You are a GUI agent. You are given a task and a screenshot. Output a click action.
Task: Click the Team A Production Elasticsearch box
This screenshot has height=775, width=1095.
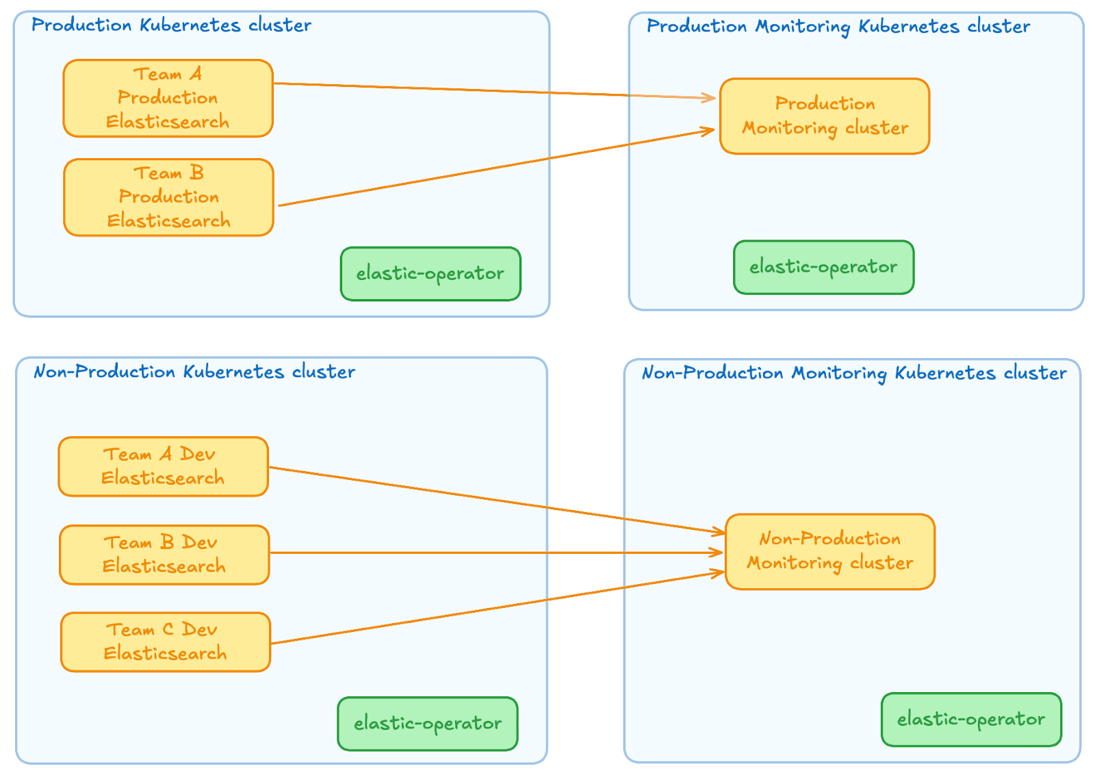coord(168,98)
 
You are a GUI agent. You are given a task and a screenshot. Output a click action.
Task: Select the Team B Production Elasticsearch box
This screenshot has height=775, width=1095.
coord(168,197)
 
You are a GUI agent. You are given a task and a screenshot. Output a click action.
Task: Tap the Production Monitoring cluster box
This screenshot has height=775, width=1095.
coord(825,116)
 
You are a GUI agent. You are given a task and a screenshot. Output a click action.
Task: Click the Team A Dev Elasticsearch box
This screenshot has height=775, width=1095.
coord(163,466)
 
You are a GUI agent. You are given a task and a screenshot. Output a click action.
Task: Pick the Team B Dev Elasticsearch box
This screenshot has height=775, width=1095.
coord(164,555)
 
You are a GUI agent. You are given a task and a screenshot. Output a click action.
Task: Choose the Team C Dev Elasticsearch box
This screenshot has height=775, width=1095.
coord(166,641)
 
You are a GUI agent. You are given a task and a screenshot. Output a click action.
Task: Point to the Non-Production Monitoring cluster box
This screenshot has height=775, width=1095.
coord(829,551)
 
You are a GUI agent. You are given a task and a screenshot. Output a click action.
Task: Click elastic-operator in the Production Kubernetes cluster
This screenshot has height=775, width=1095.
coord(430,274)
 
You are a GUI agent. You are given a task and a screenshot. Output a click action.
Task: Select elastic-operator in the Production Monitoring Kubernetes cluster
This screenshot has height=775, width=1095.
coord(823,267)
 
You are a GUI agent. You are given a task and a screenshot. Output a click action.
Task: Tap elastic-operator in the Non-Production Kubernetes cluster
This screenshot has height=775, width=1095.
coord(428,724)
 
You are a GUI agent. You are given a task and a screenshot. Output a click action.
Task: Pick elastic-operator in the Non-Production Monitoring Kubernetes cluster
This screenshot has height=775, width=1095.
coord(971,719)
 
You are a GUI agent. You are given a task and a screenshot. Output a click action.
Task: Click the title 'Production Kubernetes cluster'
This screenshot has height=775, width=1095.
coord(171,25)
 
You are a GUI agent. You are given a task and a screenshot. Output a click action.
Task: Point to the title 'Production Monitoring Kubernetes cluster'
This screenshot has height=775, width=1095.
coord(838,27)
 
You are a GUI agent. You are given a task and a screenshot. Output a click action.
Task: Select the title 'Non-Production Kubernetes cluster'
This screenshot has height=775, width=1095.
coord(194,372)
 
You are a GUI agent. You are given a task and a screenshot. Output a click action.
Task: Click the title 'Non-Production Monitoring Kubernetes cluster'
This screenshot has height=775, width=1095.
coord(854,373)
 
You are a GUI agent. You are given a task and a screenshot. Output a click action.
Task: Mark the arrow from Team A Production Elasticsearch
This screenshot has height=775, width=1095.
coord(493,90)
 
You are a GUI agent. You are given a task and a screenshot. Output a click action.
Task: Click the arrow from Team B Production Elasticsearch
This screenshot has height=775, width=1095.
coord(496,168)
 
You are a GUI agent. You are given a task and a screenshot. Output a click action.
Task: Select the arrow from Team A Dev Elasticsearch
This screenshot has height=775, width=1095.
coord(496,500)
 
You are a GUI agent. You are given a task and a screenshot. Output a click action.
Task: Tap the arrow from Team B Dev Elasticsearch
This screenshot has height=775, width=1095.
coord(496,552)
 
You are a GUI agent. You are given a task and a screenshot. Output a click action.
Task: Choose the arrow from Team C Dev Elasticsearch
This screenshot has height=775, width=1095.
coord(496,607)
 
